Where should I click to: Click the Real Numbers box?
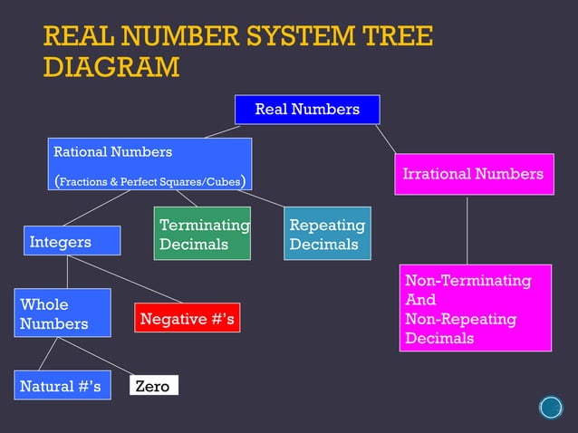pyautogui.click(x=307, y=110)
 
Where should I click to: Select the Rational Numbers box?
pyautogui.click(x=149, y=164)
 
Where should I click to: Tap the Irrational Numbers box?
pyautogui.click(x=473, y=174)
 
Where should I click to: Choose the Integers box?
pyautogui.click(x=72, y=242)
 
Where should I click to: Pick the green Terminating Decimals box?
pyautogui.click(x=201, y=234)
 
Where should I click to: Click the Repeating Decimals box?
pyautogui.click(x=327, y=234)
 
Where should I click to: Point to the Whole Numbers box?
pyautogui.click(x=62, y=313)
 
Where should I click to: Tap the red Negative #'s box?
pyautogui.click(x=187, y=318)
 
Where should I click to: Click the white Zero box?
pyautogui.click(x=152, y=386)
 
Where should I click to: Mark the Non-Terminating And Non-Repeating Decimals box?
pyautogui.click(x=476, y=308)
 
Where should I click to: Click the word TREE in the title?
pyautogui.click(x=398, y=37)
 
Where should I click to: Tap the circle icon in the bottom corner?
pyautogui.click(x=551, y=408)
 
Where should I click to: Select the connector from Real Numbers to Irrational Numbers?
pyautogui.click(x=386, y=139)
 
